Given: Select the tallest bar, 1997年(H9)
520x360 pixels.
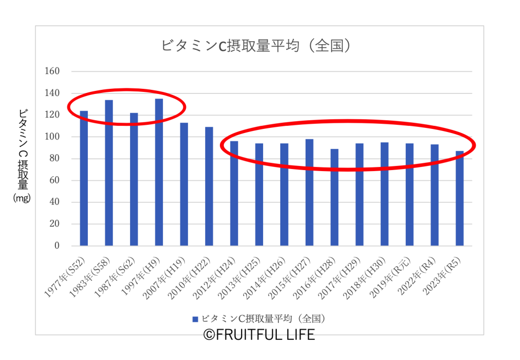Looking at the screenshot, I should click(x=159, y=173).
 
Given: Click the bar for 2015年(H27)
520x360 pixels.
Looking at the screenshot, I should click(x=309, y=193).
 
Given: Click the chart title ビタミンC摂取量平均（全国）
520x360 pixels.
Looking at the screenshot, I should click(x=256, y=46).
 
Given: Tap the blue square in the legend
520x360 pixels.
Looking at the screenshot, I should click(x=194, y=319).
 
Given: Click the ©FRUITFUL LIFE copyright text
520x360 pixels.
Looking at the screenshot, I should click(x=259, y=335).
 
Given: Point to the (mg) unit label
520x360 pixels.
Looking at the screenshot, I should click(x=22, y=199).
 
